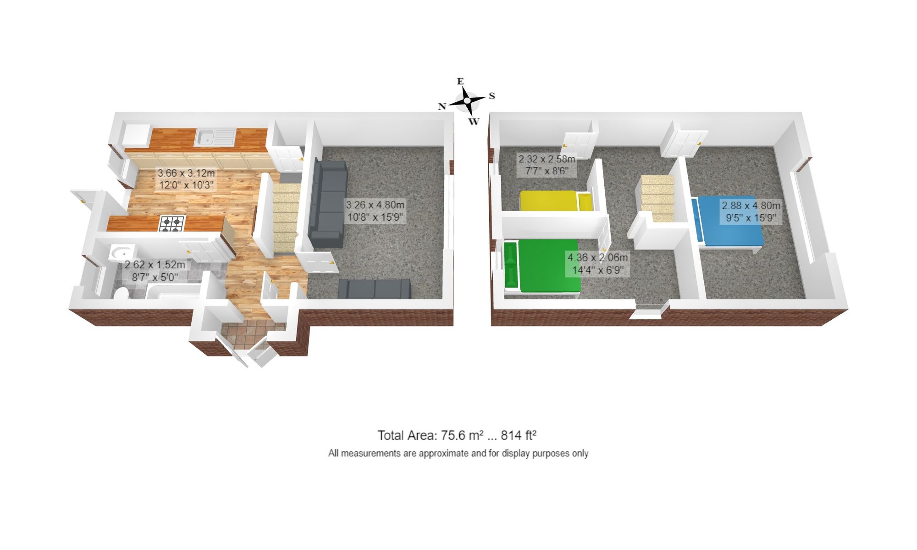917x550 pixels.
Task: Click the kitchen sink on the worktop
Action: [x=215, y=137]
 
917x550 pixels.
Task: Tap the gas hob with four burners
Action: [x=172, y=223]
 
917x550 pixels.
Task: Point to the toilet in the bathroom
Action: [x=122, y=293]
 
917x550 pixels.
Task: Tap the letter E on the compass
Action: [x=460, y=81]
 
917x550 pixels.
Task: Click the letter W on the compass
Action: [x=474, y=122]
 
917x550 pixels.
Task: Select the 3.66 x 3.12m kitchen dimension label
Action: [x=186, y=179]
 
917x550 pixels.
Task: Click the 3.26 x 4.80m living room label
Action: [x=375, y=211]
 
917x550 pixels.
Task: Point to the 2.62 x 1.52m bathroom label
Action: [x=155, y=271]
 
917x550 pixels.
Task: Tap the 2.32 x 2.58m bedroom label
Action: [x=547, y=165]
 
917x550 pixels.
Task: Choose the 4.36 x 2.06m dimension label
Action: [x=597, y=264]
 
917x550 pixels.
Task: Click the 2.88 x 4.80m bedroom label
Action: [x=751, y=211]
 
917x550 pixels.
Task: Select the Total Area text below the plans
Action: [x=457, y=435]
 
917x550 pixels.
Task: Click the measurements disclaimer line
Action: [x=458, y=453]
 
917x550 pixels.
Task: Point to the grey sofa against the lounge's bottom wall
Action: [x=374, y=289]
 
